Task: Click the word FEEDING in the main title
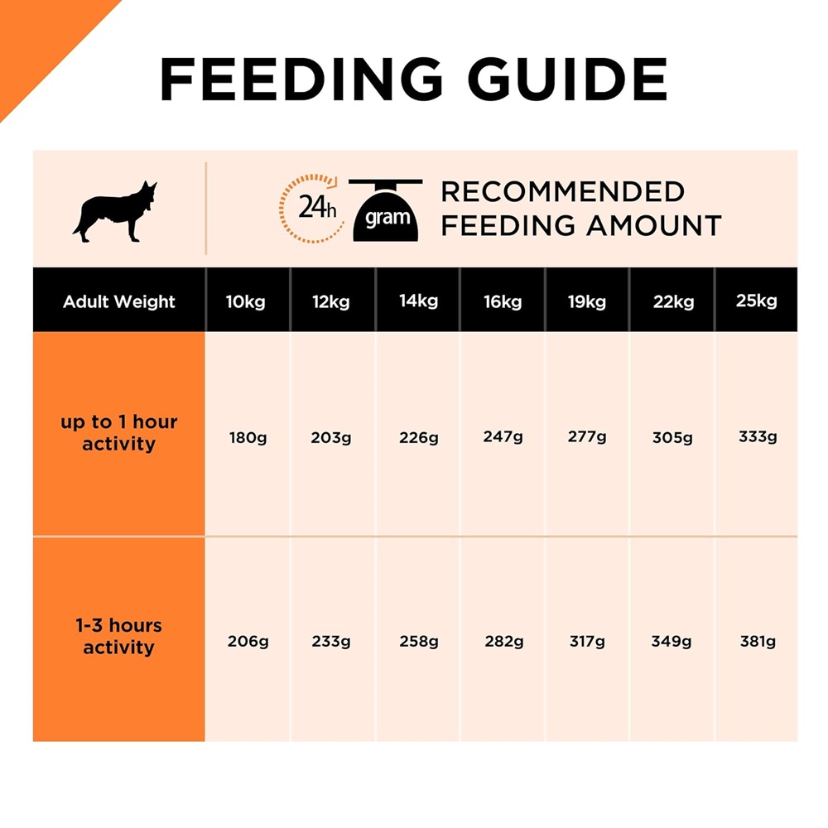tap(301, 79)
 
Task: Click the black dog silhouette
tap(115, 212)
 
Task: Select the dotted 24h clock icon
tap(312, 207)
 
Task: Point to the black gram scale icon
tap(386, 210)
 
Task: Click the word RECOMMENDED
tap(562, 192)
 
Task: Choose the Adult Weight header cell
tap(119, 301)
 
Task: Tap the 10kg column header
tap(246, 301)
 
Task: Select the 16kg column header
tap(503, 301)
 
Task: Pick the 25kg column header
tap(757, 301)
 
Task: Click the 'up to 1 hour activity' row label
tap(119, 433)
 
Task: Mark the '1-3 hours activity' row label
tap(119, 636)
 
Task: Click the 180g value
tap(248, 437)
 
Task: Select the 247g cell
tap(503, 436)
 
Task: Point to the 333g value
tap(758, 436)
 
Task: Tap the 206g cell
tap(248, 641)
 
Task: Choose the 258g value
tap(418, 641)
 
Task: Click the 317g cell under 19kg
tap(587, 641)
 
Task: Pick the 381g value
tap(758, 641)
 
